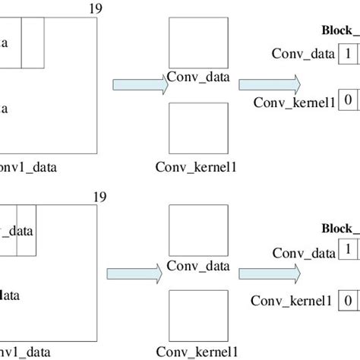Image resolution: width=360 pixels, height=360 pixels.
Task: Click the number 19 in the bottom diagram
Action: point(99,197)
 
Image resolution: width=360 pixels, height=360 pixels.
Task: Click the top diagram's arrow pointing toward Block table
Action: point(266,85)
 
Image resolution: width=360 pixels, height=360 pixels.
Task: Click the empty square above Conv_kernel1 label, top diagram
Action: point(197,129)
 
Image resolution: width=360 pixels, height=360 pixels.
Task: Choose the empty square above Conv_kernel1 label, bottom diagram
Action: point(197,315)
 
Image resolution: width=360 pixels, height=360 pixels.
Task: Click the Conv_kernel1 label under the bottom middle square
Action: point(197,352)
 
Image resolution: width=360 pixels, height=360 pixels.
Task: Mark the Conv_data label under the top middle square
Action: point(197,77)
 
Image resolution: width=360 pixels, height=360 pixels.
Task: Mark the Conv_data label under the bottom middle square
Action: point(197,266)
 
